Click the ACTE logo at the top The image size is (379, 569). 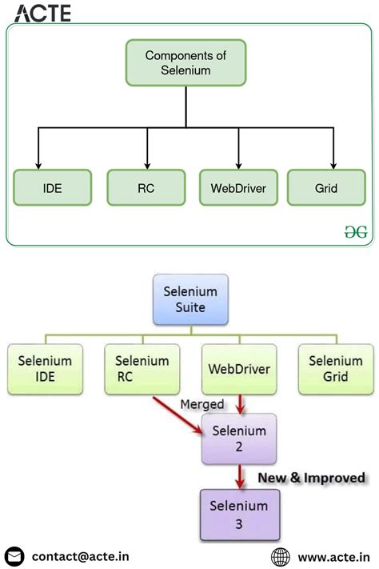42,13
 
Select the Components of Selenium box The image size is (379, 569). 186,63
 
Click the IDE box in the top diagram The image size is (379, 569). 53,189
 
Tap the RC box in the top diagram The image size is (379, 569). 146,189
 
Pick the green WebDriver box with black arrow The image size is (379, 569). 238,189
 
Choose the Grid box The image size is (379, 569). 326,189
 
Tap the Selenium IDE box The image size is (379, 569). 46,369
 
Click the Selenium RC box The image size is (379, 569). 142,369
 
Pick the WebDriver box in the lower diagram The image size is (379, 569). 238,369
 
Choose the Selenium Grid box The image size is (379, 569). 336,369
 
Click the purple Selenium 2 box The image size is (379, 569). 238,439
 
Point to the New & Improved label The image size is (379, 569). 311,478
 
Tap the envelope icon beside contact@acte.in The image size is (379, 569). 14,556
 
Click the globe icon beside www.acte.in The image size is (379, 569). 281,556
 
